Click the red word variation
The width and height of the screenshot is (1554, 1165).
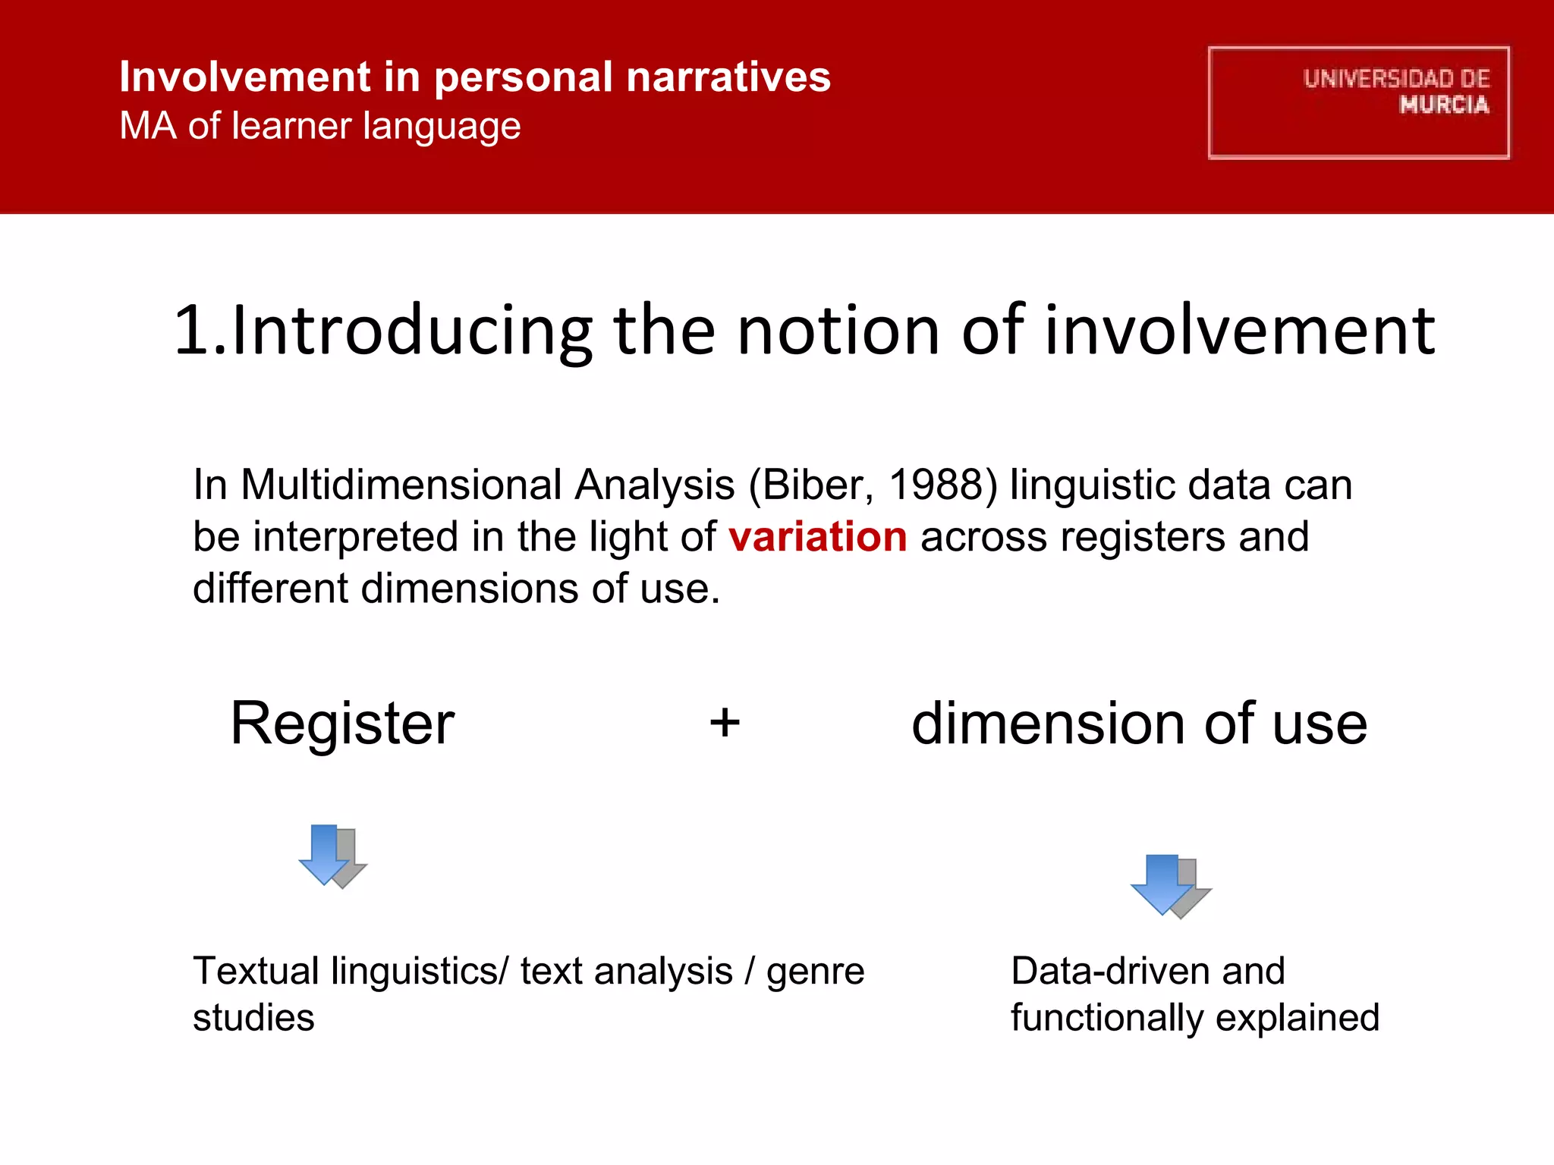click(x=817, y=537)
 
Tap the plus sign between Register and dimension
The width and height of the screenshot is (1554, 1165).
click(x=725, y=722)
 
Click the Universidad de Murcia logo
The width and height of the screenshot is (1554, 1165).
click(x=1358, y=102)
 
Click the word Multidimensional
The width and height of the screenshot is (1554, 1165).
click(x=401, y=485)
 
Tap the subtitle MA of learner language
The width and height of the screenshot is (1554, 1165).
click(x=320, y=126)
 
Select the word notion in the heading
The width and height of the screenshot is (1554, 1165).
click(x=838, y=331)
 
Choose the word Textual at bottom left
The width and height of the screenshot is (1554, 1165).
click(x=256, y=972)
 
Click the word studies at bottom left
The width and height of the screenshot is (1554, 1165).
click(x=253, y=1019)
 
